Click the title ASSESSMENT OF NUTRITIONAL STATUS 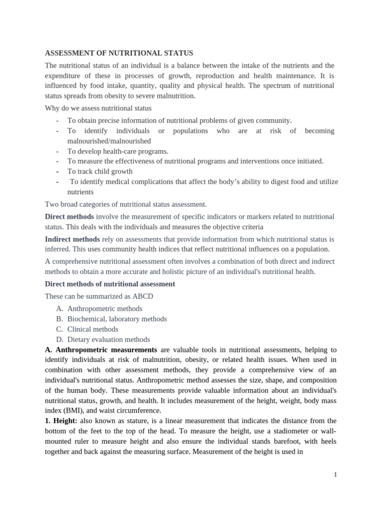pos(119,53)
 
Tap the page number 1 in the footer pos(335,475)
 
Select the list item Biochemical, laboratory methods pos(117,319)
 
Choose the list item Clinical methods pos(93,329)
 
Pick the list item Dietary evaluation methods pos(108,339)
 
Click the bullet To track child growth pos(100,171)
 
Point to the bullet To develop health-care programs pos(118,151)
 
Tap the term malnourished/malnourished pos(109,141)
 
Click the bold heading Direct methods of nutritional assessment pos(110,284)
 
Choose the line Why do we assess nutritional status pos(98,108)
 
